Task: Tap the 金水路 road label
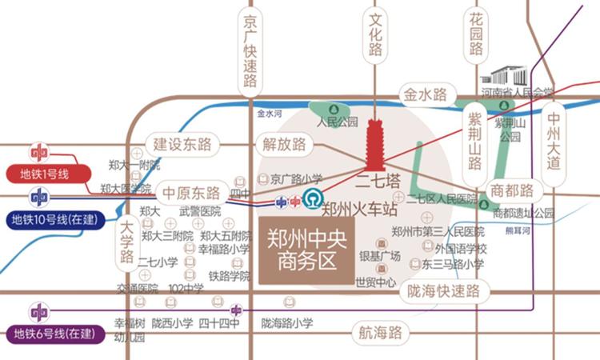(426, 95)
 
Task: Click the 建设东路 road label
(182, 144)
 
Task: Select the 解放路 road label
(284, 144)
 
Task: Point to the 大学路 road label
(126, 243)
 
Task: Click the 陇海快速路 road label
(442, 291)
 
